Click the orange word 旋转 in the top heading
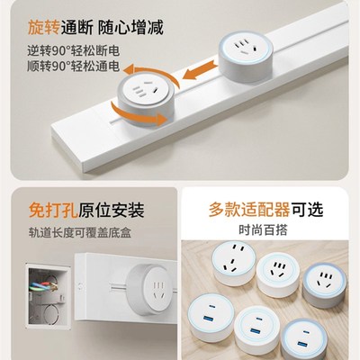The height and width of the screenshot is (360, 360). pyautogui.click(x=32, y=25)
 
